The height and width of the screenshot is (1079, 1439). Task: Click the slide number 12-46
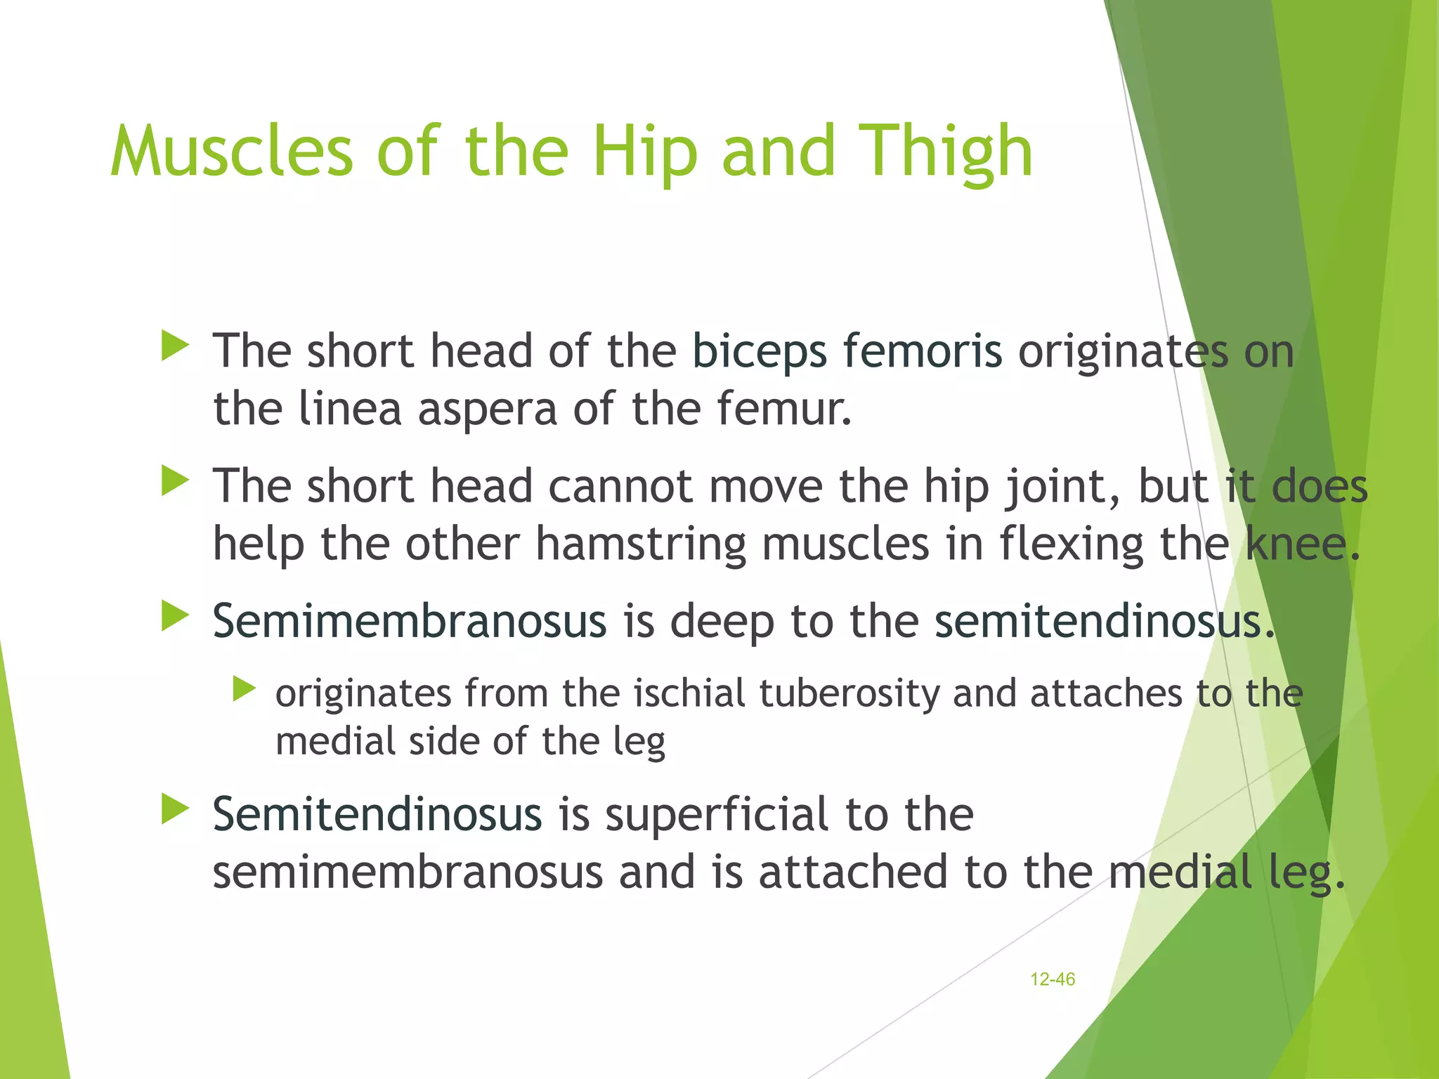point(1052,979)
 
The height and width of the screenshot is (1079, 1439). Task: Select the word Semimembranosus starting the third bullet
point(409,621)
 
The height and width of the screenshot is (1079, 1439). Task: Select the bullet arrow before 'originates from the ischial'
point(244,689)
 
